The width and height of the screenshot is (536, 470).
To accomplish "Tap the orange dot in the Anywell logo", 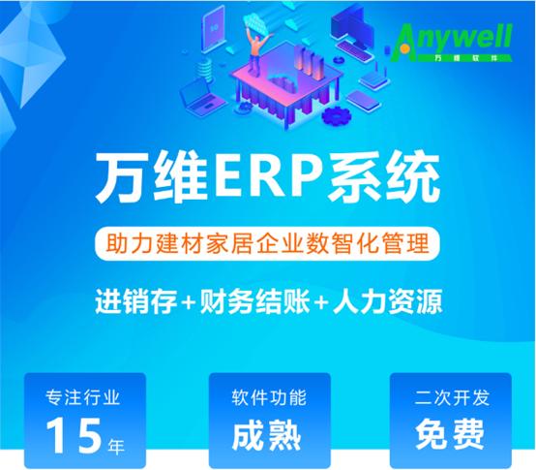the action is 404,48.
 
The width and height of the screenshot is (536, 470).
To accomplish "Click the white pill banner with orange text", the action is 267,244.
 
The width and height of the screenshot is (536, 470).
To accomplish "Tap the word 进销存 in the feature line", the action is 136,301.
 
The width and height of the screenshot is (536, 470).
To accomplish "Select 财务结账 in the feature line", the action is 255,301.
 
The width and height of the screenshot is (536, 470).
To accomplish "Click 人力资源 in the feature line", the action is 388,301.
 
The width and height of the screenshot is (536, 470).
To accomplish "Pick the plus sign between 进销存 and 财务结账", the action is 189,302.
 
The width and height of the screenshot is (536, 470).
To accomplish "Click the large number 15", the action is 74,435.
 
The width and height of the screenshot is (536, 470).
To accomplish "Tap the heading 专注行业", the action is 83,397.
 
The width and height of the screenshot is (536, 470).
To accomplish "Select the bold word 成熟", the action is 267,435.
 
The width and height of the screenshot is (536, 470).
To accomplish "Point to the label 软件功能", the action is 269,397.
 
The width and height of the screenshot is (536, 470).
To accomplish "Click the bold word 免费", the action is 450,435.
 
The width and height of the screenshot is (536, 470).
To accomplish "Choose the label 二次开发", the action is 452,397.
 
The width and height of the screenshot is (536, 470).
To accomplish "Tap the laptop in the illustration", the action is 199,98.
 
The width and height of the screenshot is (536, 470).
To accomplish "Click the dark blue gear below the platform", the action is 337,115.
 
